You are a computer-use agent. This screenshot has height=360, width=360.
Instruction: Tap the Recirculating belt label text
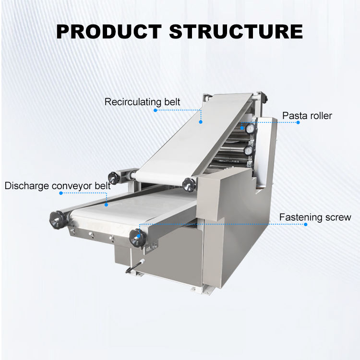[x=143, y=102]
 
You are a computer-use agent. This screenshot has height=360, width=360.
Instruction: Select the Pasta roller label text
[x=307, y=115]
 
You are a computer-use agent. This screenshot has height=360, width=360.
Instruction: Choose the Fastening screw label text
[x=315, y=217]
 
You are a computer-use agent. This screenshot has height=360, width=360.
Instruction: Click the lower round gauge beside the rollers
[x=249, y=151]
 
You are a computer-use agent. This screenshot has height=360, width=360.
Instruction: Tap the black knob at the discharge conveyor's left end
[x=56, y=219]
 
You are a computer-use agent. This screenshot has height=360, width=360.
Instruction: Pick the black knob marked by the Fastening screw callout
[x=137, y=237]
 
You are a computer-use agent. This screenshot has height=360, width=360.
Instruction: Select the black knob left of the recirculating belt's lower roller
[x=114, y=176]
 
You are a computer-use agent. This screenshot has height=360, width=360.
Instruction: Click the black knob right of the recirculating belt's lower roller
[x=190, y=183]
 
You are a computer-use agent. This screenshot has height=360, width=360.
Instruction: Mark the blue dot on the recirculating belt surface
[x=201, y=122]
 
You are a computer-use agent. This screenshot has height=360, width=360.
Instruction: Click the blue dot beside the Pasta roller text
[x=298, y=122]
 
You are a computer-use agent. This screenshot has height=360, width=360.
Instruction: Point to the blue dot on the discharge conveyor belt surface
[x=107, y=204]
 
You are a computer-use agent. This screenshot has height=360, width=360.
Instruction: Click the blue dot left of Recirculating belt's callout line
[x=156, y=109]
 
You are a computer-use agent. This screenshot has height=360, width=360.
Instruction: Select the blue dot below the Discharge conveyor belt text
[x=61, y=193]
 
